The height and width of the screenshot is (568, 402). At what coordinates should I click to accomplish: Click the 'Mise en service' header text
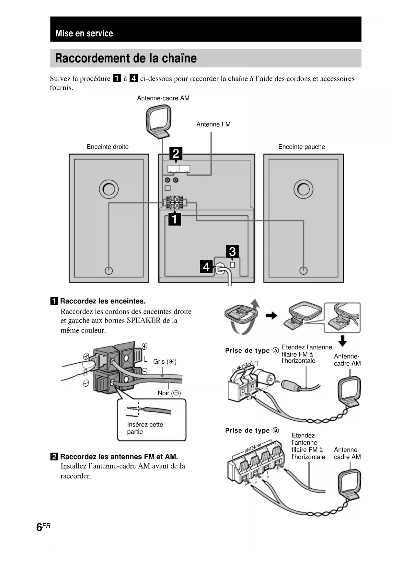(x=84, y=33)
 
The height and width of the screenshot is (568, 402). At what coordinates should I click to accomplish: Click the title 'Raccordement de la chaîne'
(x=126, y=58)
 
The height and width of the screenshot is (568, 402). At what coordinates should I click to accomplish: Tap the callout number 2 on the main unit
(x=176, y=153)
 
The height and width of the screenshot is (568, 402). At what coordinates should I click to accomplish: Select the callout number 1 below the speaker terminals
(x=175, y=219)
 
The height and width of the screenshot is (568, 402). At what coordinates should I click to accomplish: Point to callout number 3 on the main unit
(x=232, y=251)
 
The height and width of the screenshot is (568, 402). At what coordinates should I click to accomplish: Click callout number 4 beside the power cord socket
(x=206, y=267)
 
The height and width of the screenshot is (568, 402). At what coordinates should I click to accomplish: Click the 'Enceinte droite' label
(x=108, y=147)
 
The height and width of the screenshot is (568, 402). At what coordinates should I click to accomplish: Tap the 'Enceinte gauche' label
(x=301, y=147)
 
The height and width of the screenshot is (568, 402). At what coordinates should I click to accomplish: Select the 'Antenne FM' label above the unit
(x=213, y=124)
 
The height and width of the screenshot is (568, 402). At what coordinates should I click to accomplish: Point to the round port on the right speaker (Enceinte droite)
(x=109, y=189)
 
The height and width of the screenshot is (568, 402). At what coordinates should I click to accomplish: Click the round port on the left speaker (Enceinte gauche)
(x=303, y=189)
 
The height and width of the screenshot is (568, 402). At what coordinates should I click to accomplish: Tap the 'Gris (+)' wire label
(x=165, y=361)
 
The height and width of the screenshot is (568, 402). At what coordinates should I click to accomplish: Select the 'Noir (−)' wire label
(x=169, y=393)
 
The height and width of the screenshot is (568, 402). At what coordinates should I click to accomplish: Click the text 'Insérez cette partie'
(x=145, y=428)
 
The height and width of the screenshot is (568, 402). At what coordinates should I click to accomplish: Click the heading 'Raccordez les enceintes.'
(x=103, y=301)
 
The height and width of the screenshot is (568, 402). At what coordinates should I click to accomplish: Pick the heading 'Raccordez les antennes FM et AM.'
(x=119, y=457)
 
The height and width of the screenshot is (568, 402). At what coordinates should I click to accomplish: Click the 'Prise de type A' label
(x=252, y=350)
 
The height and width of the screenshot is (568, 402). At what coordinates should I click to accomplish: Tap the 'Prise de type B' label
(x=252, y=430)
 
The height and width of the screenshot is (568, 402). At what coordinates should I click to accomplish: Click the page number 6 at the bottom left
(x=40, y=527)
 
